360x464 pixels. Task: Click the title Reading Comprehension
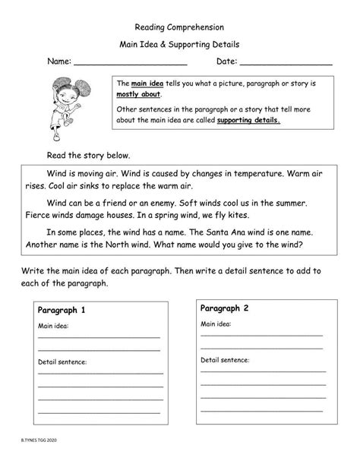pos(179,26)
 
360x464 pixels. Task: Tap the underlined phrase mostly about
pos(137,95)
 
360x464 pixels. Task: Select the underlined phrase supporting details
pos(248,120)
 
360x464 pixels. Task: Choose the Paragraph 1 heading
pos(62,310)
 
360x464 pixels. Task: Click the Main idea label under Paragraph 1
pos(52,326)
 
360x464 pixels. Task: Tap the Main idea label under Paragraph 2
pos(215,324)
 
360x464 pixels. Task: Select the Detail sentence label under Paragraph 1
pos(62,362)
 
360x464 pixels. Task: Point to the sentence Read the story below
pos(84,154)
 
